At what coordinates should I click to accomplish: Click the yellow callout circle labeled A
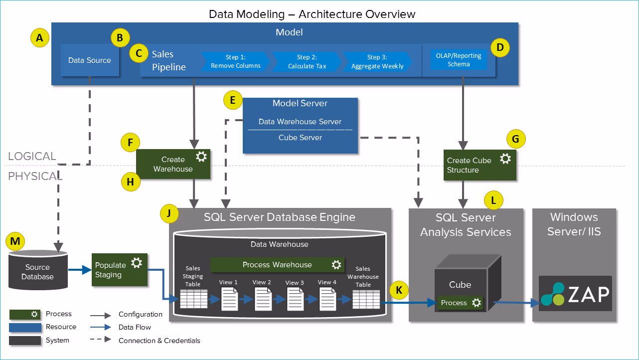pyautogui.click(x=40, y=37)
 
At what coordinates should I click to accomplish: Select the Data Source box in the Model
pyautogui.click(x=90, y=60)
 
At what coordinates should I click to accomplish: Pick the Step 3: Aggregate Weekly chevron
pyautogui.click(x=377, y=61)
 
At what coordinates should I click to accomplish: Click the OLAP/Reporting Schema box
pyautogui.click(x=459, y=60)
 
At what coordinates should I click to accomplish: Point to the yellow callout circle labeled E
pyautogui.click(x=232, y=101)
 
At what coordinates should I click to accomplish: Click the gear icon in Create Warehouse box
pyautogui.click(x=201, y=157)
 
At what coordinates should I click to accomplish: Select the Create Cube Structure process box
pyautogui.click(x=479, y=165)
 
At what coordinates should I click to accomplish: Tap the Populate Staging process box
pyautogui.click(x=120, y=270)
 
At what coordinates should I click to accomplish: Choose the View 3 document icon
pyautogui.click(x=295, y=298)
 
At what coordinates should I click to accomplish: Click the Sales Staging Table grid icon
pyautogui.click(x=193, y=299)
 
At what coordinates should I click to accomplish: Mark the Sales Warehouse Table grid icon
pyautogui.click(x=366, y=299)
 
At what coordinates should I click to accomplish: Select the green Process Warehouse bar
pyautogui.click(x=277, y=265)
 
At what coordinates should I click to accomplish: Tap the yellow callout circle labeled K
pyautogui.click(x=399, y=290)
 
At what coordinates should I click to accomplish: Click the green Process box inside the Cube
pyautogui.click(x=460, y=303)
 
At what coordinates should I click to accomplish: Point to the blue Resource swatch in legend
pyautogui.click(x=25, y=327)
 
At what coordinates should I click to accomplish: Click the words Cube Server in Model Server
pyautogui.click(x=300, y=138)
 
